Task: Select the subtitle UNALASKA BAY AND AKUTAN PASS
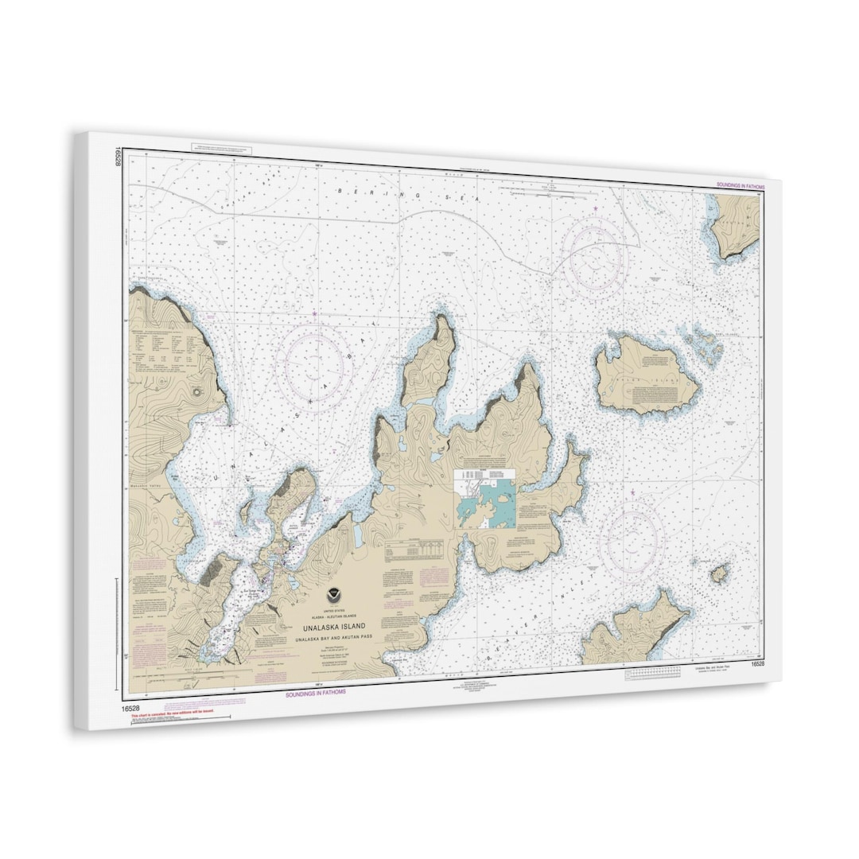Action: tap(336, 639)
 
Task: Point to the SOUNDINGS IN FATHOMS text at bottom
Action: tap(316, 693)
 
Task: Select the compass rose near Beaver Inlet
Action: tap(632, 543)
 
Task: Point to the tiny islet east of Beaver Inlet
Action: tap(719, 573)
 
